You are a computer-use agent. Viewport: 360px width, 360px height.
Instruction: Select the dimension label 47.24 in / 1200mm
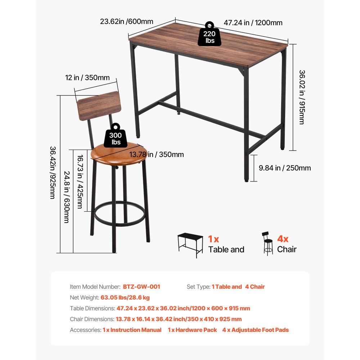tap(253, 23)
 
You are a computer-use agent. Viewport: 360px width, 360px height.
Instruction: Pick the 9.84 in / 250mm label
tap(285, 168)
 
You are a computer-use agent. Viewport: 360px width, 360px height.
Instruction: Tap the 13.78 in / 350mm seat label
tap(156, 154)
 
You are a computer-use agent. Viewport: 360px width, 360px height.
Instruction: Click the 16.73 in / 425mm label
tap(80, 182)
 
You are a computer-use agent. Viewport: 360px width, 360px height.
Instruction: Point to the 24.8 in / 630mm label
tap(66, 196)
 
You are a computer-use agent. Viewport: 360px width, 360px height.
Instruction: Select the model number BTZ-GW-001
tap(141, 287)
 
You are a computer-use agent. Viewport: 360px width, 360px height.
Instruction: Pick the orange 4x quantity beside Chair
tap(283, 239)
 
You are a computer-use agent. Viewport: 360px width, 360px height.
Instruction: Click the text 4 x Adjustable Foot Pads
tap(255, 330)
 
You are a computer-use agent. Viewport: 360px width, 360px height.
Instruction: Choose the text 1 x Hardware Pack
tap(192, 330)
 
